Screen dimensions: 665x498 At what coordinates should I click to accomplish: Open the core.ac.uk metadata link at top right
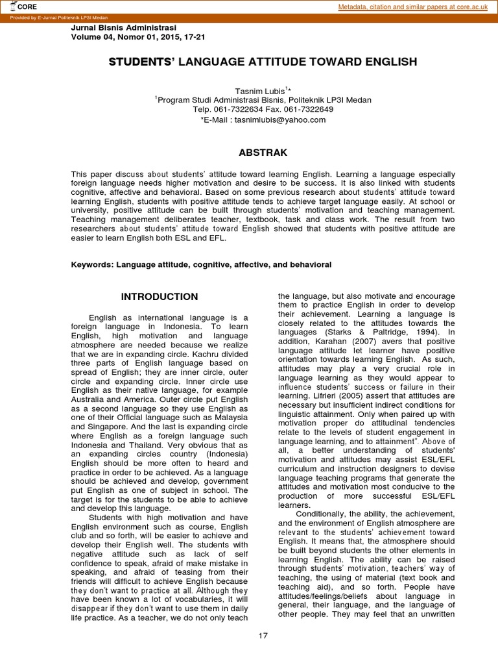click(416, 7)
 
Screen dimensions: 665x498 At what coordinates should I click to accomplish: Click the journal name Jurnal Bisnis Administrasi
click(123, 29)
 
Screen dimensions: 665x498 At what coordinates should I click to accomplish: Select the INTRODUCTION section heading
click(160, 297)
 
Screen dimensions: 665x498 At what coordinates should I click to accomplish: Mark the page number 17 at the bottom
click(263, 635)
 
